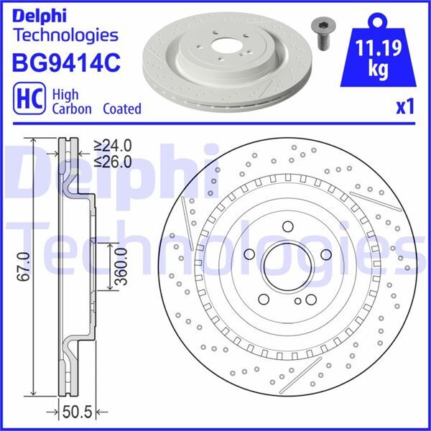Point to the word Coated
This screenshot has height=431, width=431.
point(121,109)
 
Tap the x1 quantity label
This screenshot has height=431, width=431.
point(406,108)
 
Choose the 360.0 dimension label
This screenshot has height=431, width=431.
point(121,267)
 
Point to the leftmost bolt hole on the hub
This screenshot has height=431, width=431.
point(249,254)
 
